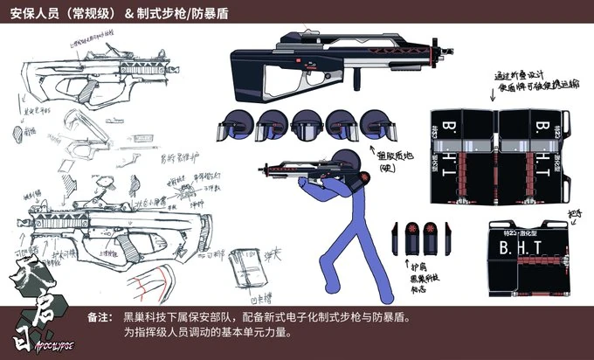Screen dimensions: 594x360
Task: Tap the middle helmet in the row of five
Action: coord(306,125)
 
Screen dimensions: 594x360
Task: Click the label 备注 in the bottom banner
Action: coord(99,316)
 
